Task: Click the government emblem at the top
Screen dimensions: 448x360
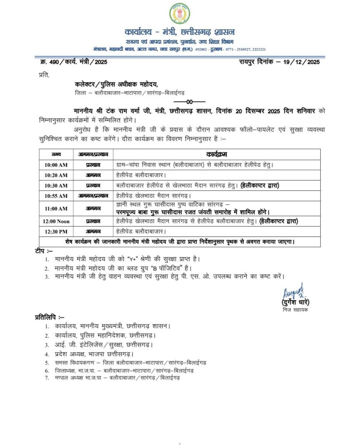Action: pyautogui.click(x=180, y=14)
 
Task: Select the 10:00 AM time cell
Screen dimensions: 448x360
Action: pyautogui.click(x=56, y=165)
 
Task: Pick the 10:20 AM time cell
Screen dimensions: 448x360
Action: pyautogui.click(x=56, y=175)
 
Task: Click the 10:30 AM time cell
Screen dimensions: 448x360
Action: pyautogui.click(x=56, y=185)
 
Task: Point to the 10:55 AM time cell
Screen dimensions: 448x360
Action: pyautogui.click(x=56, y=196)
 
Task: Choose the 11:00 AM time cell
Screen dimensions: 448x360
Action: pyautogui.click(x=56, y=208)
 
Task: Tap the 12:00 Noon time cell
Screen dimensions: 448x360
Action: pyautogui.click(x=56, y=221)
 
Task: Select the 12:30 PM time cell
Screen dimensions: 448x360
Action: pyautogui.click(x=56, y=231)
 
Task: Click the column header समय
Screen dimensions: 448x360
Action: pyautogui.click(x=56, y=154)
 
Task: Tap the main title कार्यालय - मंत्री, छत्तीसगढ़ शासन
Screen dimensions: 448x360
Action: pyautogui.click(x=180, y=32)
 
